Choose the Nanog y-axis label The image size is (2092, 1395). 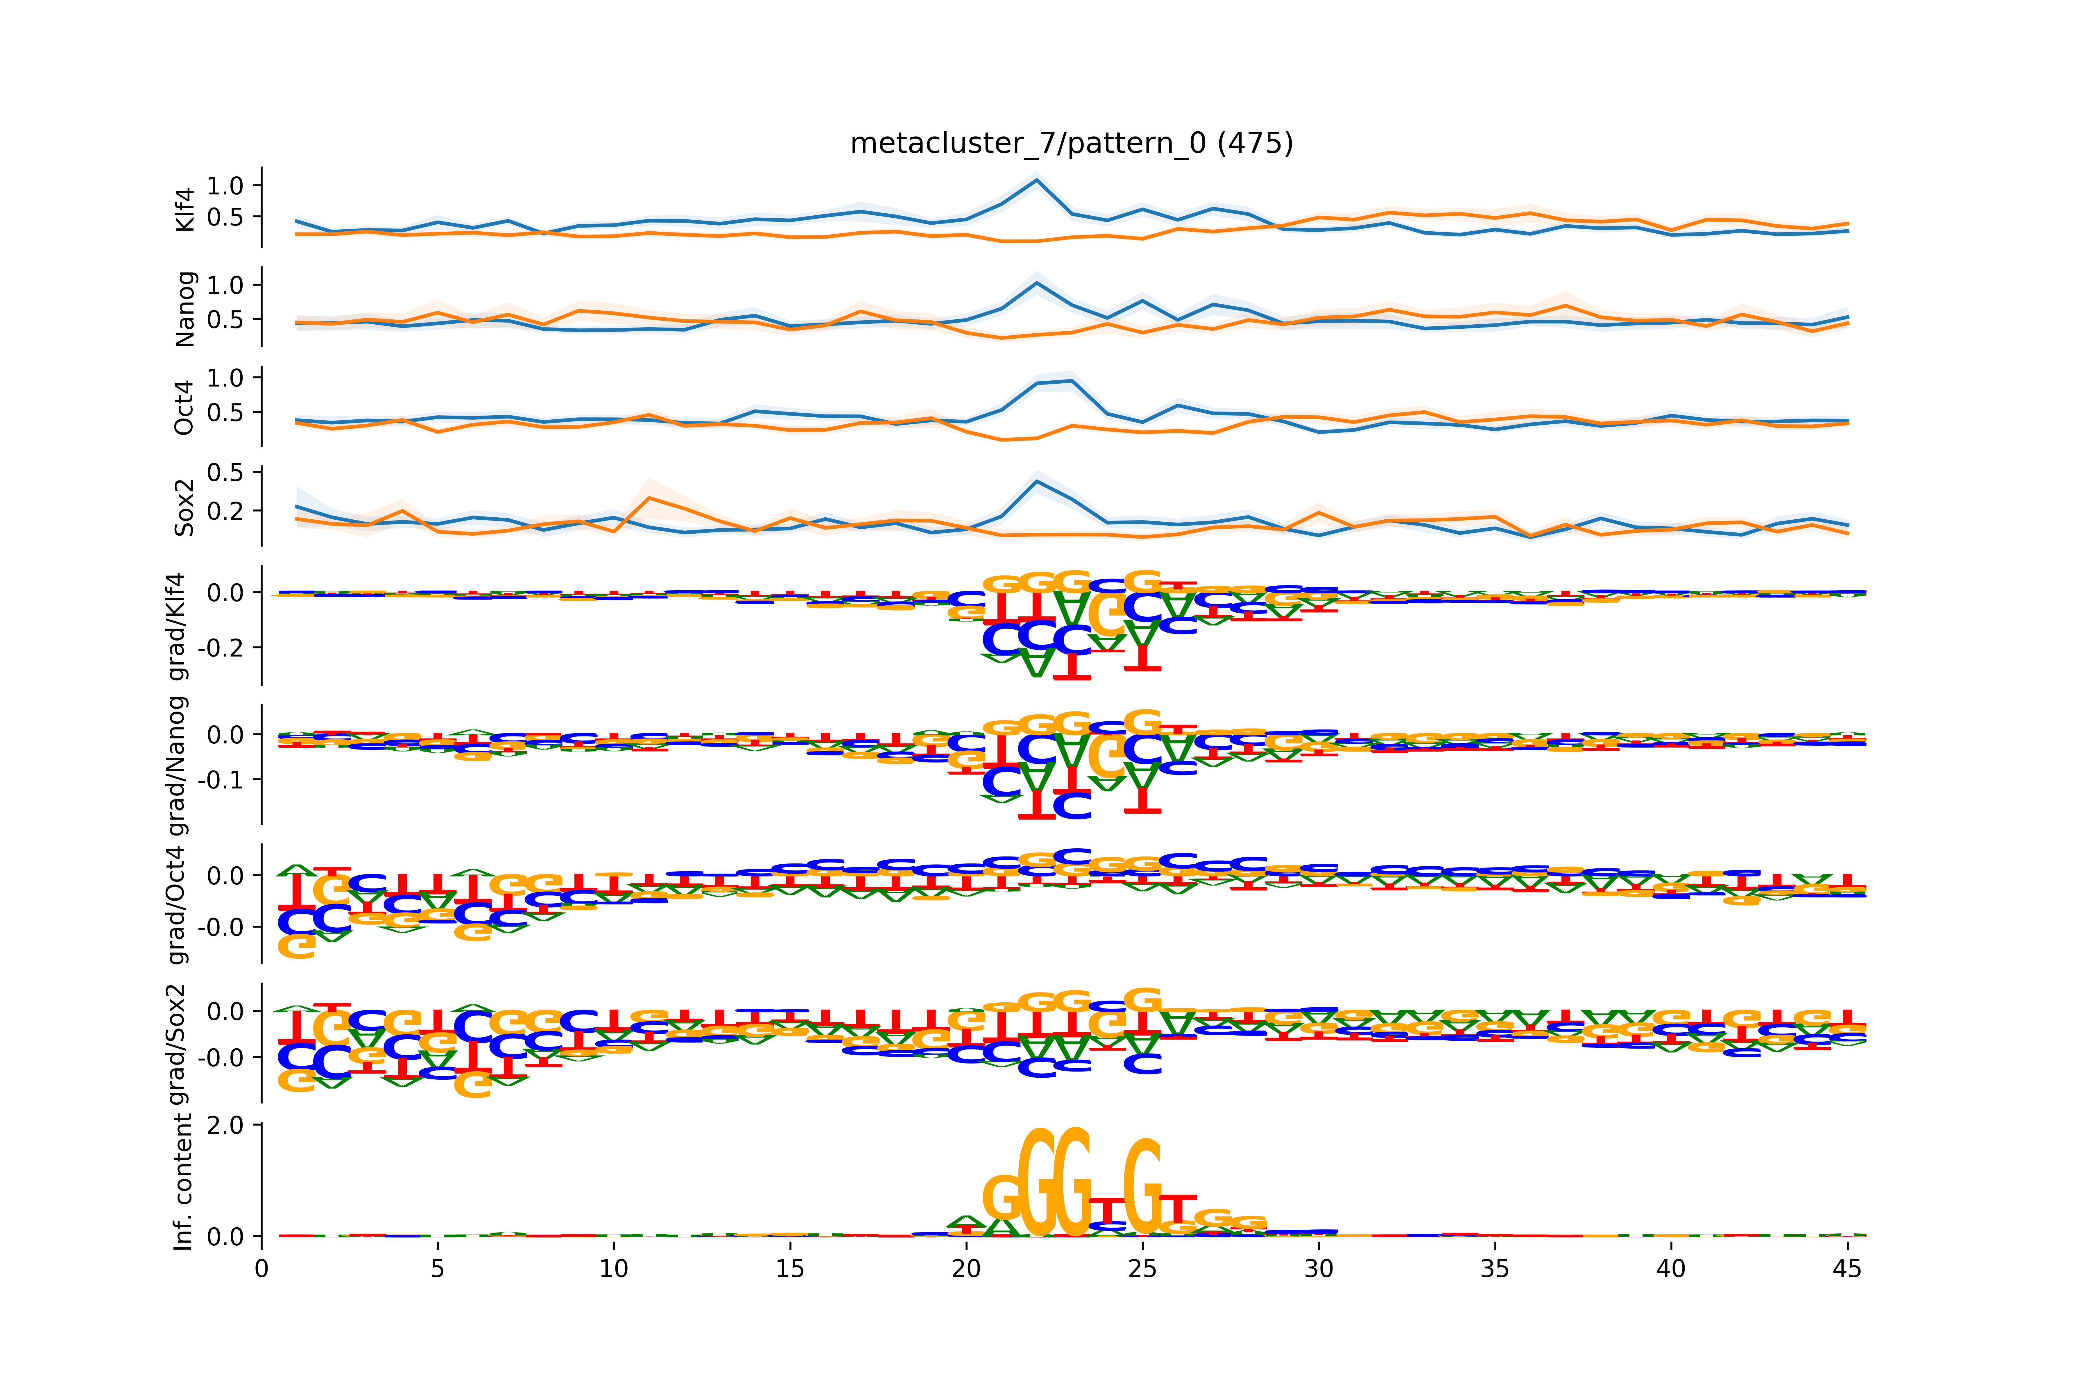pyautogui.click(x=185, y=309)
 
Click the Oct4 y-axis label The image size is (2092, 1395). pyautogui.click(x=185, y=407)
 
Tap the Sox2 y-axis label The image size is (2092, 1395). pyautogui.click(x=185, y=507)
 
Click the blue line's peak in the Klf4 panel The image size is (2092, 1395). pyautogui.click(x=1036, y=180)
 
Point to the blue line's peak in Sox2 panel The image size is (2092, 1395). pyautogui.click(x=1036, y=481)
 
